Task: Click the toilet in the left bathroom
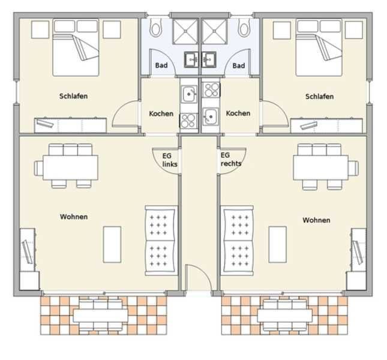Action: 155,28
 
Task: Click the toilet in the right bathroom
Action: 244,28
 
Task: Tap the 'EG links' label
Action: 170,160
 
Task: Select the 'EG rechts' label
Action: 231,160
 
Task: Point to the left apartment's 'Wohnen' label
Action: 74,217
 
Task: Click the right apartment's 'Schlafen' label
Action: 319,96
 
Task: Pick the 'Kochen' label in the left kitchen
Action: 161,113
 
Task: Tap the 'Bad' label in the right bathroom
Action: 239,65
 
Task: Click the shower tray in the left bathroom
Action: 185,32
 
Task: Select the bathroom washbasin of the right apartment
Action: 209,59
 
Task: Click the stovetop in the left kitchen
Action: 189,121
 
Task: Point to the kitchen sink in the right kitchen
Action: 211,116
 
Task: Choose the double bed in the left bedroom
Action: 76,47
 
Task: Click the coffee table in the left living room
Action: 112,244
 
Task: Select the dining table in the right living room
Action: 320,167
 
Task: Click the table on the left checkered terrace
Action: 100,316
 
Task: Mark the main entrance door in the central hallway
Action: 199,277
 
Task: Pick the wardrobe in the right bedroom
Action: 326,125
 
